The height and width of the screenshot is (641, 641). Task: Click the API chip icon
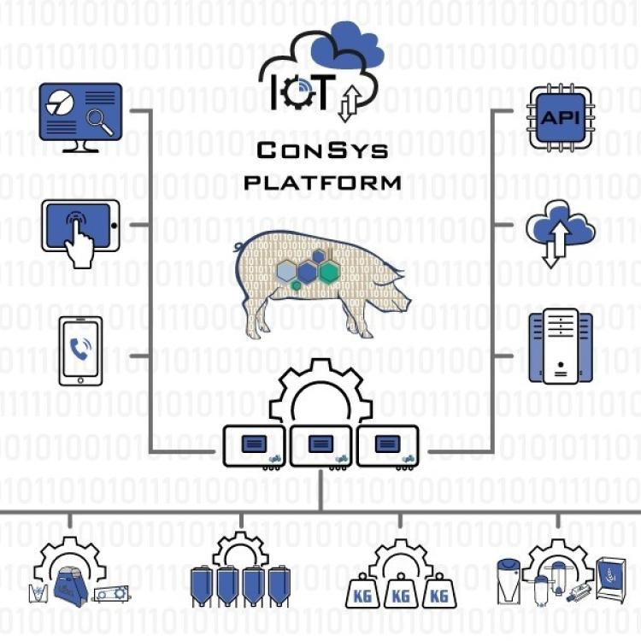tap(560, 117)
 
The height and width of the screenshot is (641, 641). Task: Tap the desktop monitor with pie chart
tap(80, 115)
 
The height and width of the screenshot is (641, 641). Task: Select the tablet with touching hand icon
tap(80, 228)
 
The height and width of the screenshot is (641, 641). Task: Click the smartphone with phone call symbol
tap(80, 350)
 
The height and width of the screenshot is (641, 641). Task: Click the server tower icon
tap(560, 347)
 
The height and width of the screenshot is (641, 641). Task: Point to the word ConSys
tap(322, 151)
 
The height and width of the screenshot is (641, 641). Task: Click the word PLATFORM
tap(322, 182)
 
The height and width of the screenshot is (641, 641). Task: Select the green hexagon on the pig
tap(329, 273)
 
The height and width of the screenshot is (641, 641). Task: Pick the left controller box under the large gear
tap(254, 445)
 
